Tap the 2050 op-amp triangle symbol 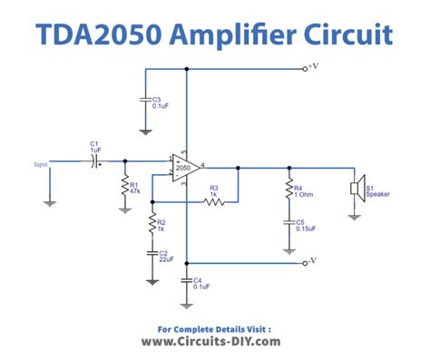tap(184, 169)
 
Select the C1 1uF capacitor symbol tap(94, 162)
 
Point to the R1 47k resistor tap(124, 187)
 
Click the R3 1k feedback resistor tap(214, 202)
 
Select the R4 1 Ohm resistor tap(288, 190)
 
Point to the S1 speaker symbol tap(357, 188)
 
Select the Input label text tap(41, 164)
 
